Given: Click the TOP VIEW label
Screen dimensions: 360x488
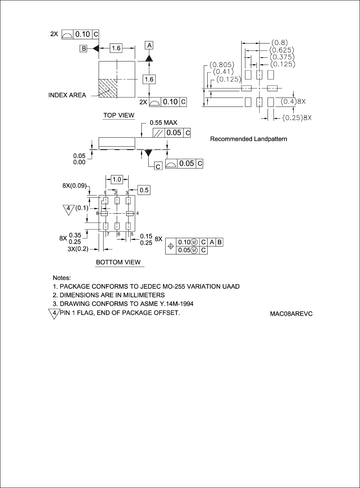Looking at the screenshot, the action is click(119, 115).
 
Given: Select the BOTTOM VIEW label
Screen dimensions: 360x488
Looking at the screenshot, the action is click(118, 262).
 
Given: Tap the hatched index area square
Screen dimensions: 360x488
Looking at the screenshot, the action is click(108, 88).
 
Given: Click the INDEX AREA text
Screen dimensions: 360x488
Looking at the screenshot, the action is click(67, 95).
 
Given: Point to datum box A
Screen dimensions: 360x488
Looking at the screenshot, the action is click(149, 45).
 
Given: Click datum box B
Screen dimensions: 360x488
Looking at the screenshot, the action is click(83, 48).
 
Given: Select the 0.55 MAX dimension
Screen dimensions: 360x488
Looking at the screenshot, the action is click(163, 123).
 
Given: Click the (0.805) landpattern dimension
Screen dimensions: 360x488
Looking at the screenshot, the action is click(222, 65).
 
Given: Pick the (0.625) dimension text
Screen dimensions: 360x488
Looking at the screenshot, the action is click(282, 50).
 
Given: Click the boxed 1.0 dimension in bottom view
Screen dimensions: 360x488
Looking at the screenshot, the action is click(117, 180).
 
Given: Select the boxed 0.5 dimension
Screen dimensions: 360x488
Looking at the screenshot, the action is click(144, 190).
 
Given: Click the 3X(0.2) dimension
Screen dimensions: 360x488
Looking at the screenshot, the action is click(78, 249).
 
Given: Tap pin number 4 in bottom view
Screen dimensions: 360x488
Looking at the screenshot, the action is click(137, 213).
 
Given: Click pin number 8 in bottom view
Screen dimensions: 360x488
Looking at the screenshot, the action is click(97, 213).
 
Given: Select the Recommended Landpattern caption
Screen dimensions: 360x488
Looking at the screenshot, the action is click(248, 139).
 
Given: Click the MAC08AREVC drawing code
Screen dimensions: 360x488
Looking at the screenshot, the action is click(291, 314).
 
